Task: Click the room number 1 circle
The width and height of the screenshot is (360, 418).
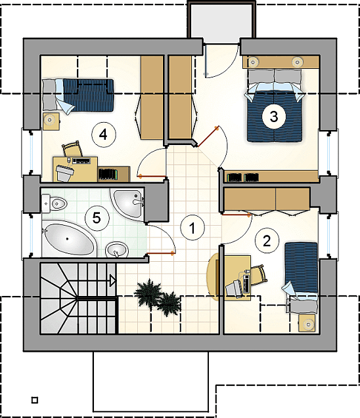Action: tap(192, 228)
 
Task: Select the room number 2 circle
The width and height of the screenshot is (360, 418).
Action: tap(267, 241)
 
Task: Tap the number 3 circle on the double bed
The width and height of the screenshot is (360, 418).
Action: tap(274, 117)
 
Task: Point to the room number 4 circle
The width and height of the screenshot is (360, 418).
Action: tap(104, 135)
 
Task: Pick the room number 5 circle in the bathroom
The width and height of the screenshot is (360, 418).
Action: tap(97, 219)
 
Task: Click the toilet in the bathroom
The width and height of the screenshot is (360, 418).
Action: tap(54, 204)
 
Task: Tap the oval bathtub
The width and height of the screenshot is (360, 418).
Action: tap(68, 239)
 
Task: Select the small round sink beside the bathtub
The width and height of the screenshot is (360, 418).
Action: tap(116, 250)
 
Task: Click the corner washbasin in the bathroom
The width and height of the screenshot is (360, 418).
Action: tap(128, 203)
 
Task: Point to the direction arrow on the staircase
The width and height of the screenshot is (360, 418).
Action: tap(113, 280)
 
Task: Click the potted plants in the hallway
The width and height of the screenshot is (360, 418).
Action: tap(157, 297)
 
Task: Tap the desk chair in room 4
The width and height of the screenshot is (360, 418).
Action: tap(72, 150)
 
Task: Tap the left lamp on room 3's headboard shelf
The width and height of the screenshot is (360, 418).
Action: tap(252, 62)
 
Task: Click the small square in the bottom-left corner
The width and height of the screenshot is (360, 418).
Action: tap(35, 400)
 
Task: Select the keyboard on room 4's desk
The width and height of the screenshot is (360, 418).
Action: tap(81, 161)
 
